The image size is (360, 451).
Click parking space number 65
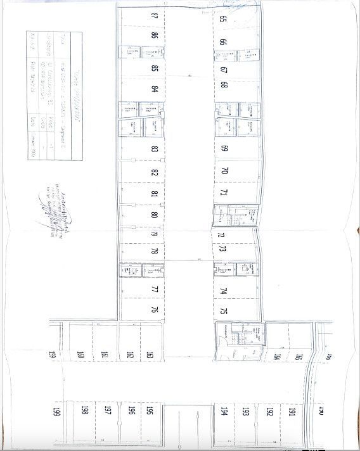(x=223, y=19)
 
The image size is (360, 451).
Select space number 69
(x=224, y=149)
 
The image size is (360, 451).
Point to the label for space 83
(x=155, y=149)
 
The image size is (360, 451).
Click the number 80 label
(x=155, y=215)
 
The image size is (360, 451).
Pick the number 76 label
(x=155, y=310)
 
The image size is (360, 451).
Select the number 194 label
(x=224, y=411)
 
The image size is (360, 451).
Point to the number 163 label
(x=150, y=355)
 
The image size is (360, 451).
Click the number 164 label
(x=277, y=356)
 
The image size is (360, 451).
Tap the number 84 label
(x=155, y=88)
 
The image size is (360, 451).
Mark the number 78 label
(x=155, y=251)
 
